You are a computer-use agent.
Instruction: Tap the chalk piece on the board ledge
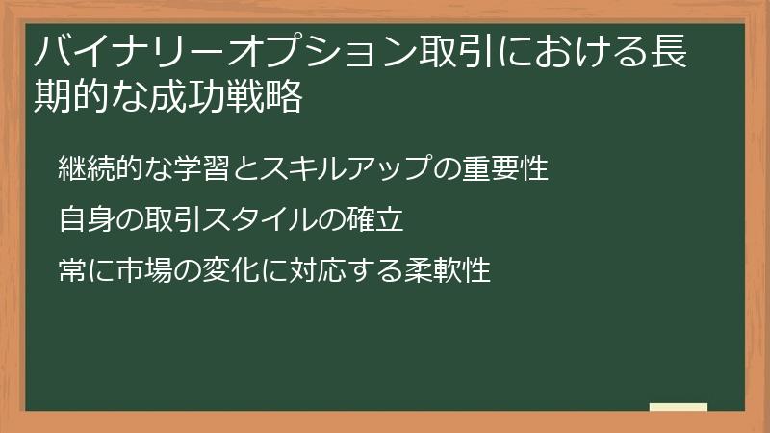click(679, 407)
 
